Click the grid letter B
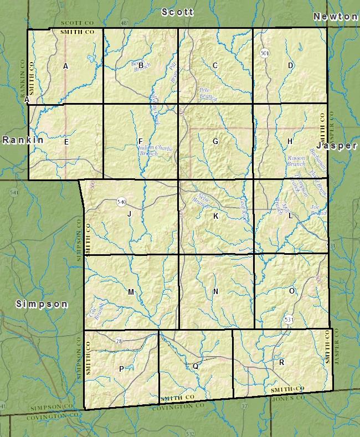tap(141, 66)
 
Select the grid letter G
tap(215, 142)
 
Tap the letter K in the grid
tap(215, 216)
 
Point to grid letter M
tap(131, 292)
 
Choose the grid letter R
tap(282, 362)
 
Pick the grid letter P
tap(121, 369)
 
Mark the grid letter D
tap(290, 66)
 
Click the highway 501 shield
tap(264, 53)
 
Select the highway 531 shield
tap(289, 320)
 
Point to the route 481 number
tap(125, 23)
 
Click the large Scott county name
tap(177, 12)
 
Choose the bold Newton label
tap(335, 17)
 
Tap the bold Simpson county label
tap(42, 304)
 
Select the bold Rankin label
tap(23, 140)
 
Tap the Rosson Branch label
tap(296, 161)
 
